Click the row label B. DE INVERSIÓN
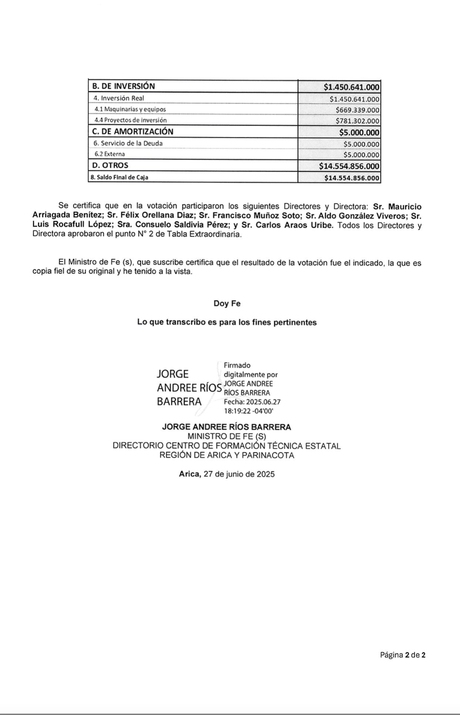(x=123, y=86)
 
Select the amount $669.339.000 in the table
(x=357, y=110)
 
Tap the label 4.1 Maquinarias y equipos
(x=130, y=109)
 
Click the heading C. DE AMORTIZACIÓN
(x=133, y=132)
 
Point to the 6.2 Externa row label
(x=110, y=154)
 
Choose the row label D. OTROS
(x=110, y=165)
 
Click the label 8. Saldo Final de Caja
(x=119, y=177)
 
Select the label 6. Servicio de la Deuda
(x=128, y=143)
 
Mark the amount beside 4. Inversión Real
(x=355, y=99)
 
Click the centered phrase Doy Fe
(x=227, y=304)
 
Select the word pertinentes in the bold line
(x=295, y=323)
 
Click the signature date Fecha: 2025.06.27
(x=252, y=402)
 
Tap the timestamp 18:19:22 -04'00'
(x=249, y=411)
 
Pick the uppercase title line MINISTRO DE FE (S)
(x=226, y=436)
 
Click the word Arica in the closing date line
(x=190, y=474)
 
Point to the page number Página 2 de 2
(x=403, y=655)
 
